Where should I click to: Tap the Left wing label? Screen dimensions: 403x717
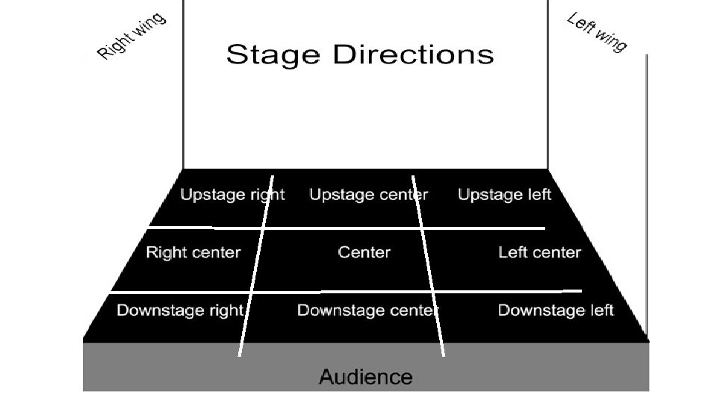[x=597, y=33]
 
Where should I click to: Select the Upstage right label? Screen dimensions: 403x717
[x=232, y=195]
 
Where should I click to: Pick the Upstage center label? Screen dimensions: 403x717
[x=369, y=195]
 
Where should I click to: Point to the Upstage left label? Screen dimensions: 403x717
[x=504, y=195]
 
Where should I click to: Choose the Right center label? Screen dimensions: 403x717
[x=193, y=252]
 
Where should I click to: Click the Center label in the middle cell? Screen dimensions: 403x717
[x=364, y=252]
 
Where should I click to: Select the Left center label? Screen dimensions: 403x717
[x=539, y=252]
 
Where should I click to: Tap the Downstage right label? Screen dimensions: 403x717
[x=180, y=310]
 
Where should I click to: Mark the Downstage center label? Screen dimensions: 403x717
[x=367, y=310]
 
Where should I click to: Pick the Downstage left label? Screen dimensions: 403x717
[x=556, y=310]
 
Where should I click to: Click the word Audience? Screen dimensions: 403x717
[x=365, y=377]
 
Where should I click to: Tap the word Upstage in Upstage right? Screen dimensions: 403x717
[x=212, y=196]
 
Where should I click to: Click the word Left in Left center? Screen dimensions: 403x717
[x=512, y=252]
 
